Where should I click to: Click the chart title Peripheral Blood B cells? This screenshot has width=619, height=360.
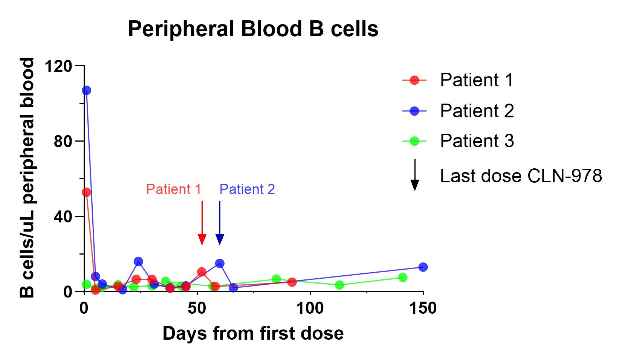(253, 29)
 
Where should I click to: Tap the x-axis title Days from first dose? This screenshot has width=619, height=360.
(253, 334)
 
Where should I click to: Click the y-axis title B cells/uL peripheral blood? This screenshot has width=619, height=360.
(27, 178)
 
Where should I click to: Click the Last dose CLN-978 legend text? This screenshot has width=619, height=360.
(521, 176)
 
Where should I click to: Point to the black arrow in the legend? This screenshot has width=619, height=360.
(415, 175)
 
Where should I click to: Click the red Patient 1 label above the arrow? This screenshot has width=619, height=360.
(174, 189)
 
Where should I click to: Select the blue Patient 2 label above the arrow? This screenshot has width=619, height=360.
(247, 189)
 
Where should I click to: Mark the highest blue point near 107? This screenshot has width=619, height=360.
(87, 90)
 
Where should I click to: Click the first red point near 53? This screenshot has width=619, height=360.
(87, 192)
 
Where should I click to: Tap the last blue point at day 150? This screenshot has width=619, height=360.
(423, 267)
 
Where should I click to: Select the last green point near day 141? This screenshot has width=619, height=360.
(403, 277)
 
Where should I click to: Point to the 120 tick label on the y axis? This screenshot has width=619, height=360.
(58, 66)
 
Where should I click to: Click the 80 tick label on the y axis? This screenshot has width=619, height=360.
(63, 141)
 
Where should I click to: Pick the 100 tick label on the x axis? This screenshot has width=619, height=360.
(310, 308)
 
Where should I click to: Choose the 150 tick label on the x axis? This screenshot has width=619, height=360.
(423, 308)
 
